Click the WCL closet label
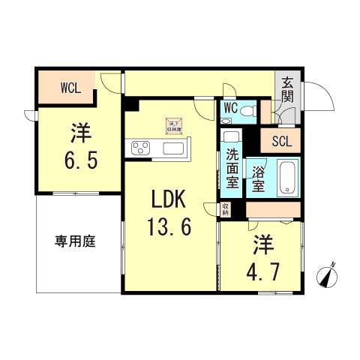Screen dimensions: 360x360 click(70, 86)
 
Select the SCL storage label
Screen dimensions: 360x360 click(282, 140)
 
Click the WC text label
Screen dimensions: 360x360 click(231, 108)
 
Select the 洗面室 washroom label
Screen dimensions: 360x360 click(232, 169)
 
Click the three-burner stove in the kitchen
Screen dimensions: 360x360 click(142, 148)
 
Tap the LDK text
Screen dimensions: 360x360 click(169, 200)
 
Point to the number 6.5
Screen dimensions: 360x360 click(80, 160)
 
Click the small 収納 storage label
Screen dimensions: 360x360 click(225, 209)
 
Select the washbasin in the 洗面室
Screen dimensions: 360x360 click(231, 137)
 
